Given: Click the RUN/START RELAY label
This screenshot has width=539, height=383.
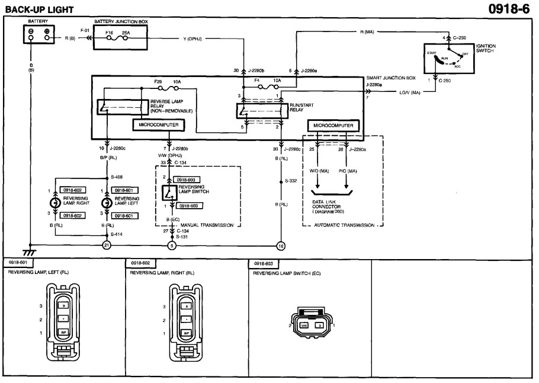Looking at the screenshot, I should coord(301,107).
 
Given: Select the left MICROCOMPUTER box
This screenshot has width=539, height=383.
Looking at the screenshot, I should coord(158,125).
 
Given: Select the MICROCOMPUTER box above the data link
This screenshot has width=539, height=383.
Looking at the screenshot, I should coord(333,126).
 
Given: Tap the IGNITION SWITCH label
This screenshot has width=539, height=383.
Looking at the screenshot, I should coord(486,48).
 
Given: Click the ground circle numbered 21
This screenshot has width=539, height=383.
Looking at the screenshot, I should coord(107,244).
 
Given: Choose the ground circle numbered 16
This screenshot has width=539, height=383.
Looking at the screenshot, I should coord(281,244).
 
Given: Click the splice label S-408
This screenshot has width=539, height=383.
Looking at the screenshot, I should coord(118,177).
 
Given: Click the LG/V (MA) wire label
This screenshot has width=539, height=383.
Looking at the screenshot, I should coord(409,92).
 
